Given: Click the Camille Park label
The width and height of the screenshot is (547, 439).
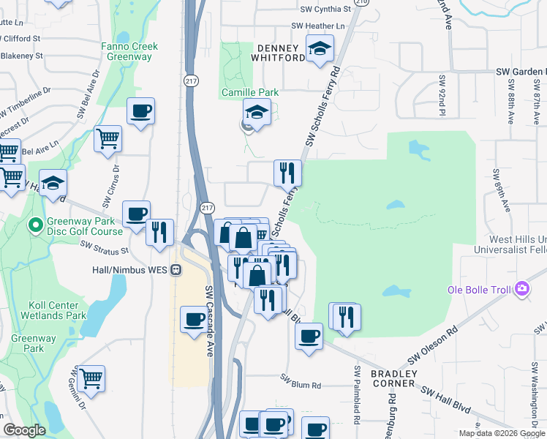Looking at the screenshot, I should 241,93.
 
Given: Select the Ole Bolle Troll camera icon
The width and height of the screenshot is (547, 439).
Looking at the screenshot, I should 521,289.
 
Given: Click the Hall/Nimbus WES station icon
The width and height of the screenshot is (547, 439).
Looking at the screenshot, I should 176,269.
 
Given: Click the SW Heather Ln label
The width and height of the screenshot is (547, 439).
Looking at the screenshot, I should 317,26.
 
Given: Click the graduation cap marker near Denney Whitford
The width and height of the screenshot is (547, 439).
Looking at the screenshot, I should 320,49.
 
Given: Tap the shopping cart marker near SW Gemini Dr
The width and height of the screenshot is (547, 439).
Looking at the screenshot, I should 91,378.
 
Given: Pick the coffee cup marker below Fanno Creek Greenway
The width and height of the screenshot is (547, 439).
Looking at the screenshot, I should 140,111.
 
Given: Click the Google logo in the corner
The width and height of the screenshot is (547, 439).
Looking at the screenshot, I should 24,430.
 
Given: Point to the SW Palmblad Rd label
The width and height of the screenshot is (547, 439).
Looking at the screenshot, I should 357,396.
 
